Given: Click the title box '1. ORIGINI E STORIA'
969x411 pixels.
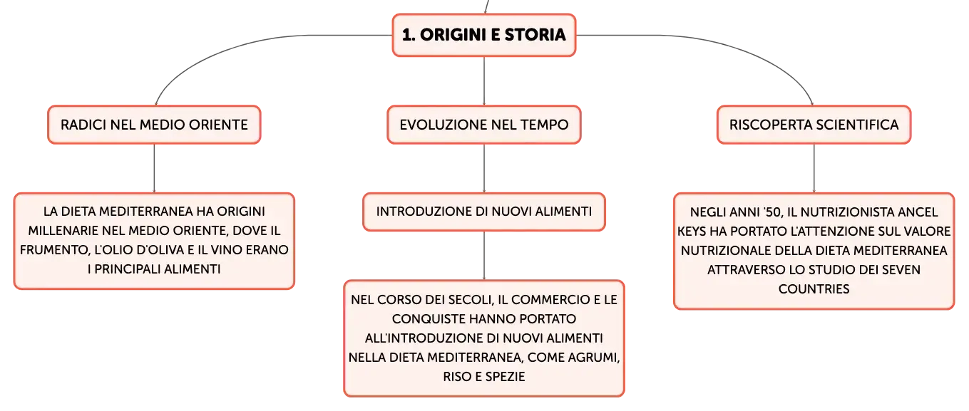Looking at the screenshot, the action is (x=483, y=35).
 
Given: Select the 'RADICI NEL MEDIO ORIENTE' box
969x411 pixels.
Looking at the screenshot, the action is (x=154, y=125).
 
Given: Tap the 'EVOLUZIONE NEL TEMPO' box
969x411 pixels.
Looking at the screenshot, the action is (x=483, y=125).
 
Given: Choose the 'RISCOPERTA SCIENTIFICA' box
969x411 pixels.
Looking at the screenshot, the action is (x=814, y=125).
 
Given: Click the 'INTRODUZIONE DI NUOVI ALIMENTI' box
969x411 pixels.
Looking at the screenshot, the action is (x=483, y=212).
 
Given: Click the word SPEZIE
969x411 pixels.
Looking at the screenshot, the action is (x=506, y=377).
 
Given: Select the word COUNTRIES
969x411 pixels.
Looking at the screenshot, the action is (x=814, y=289).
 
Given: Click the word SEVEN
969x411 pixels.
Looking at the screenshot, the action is (x=901, y=270).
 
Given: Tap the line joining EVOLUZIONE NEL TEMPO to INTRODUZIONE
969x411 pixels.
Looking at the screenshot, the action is (x=484, y=168).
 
